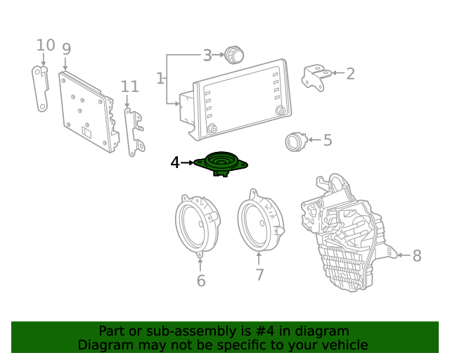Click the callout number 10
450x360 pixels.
click(46, 46)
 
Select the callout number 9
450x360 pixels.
click(66, 49)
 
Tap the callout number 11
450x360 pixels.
click(129, 86)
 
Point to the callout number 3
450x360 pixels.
click(207, 55)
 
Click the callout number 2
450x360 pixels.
click(350, 73)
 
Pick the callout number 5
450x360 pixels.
click(327, 140)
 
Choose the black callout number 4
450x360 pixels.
click(175, 162)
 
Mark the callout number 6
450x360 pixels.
click(201, 281)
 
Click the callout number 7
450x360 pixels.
click(259, 274)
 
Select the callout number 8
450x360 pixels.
click(417, 255)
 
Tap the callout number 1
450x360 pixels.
click(160, 78)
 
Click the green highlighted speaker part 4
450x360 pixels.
click(220, 164)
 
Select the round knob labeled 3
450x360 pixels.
click(233, 54)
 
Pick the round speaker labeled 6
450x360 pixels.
click(196, 226)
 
